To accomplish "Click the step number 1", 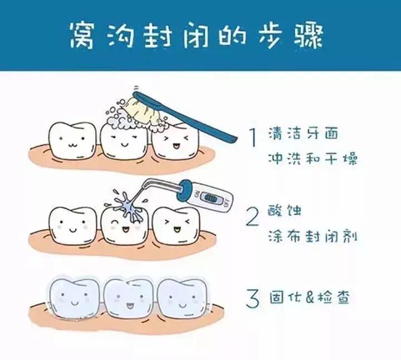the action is point(253,138).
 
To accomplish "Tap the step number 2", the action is point(252,217).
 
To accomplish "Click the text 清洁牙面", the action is point(303,134).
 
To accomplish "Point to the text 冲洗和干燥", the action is point(312,158).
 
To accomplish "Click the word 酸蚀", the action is point(285,211).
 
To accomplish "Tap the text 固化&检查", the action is point(310,298).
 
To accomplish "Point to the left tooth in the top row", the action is point(72,140).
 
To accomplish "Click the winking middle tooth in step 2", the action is point(125,225).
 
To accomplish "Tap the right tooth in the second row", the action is point(176,225).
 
